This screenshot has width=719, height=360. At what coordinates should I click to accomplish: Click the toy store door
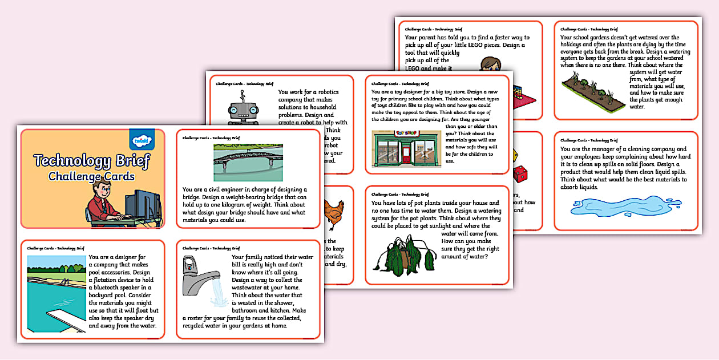point(406,152)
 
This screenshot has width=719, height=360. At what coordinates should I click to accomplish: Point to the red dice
point(522,174)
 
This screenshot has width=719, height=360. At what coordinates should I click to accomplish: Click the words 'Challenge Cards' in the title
point(91,176)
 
